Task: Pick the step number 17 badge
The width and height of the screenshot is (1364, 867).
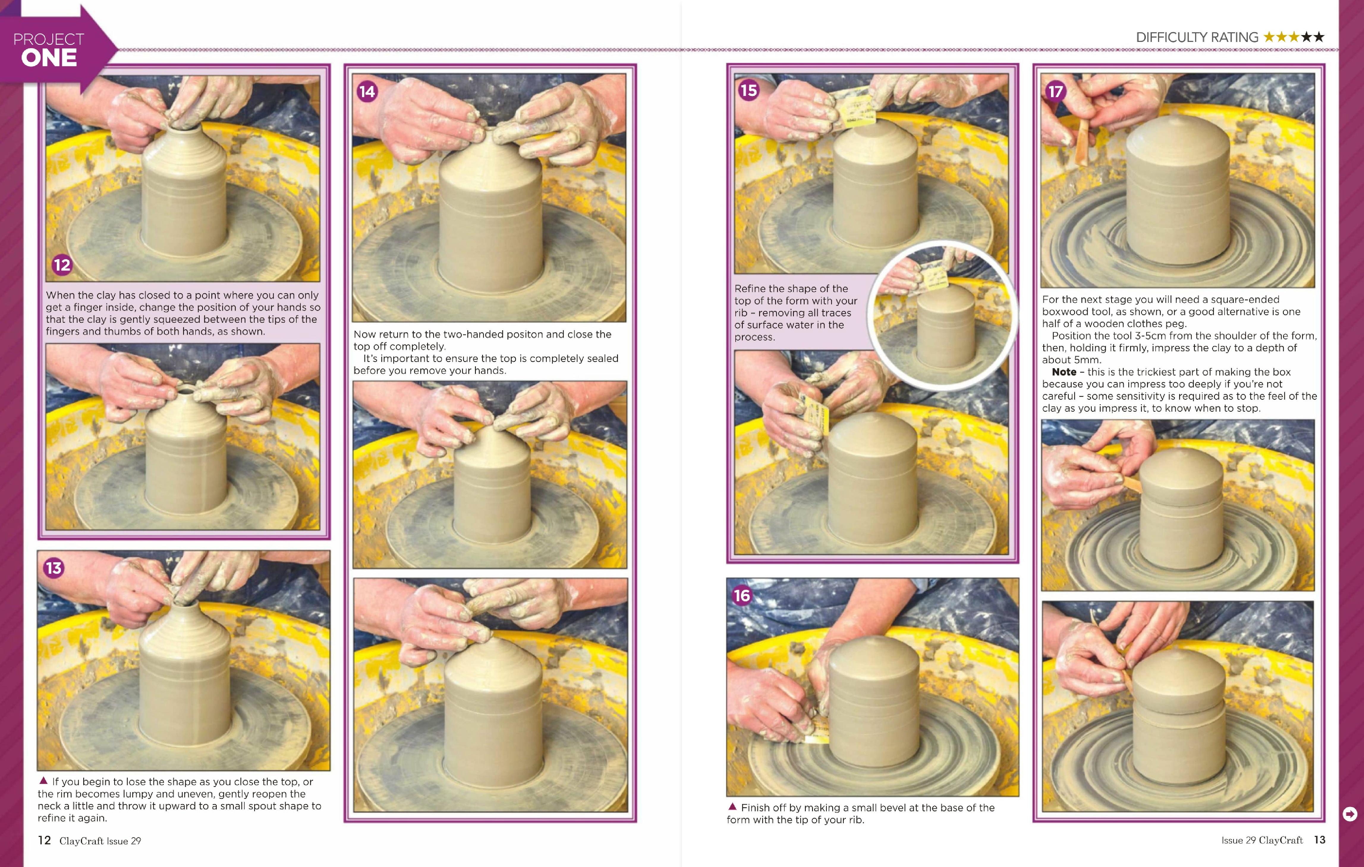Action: click(1055, 91)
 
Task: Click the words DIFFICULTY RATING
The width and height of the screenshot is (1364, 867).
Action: click(1197, 37)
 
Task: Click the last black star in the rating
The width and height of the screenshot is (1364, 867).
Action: click(1319, 37)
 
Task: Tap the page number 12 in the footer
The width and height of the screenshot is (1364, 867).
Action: click(44, 840)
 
